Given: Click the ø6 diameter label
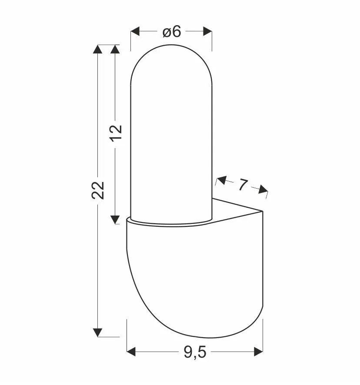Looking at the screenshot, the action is (172, 32).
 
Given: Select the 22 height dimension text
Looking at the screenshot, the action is (98, 190).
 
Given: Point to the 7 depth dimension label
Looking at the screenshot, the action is (243, 185).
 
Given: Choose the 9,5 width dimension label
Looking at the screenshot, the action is (195, 352).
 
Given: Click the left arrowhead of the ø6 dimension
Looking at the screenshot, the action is (135, 31).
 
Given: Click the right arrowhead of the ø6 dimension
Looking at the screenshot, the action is (208, 31).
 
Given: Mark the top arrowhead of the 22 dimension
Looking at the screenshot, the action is (98, 49).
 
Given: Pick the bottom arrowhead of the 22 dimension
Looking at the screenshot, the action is (98, 332).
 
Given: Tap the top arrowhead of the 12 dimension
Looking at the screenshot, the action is (115, 49).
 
